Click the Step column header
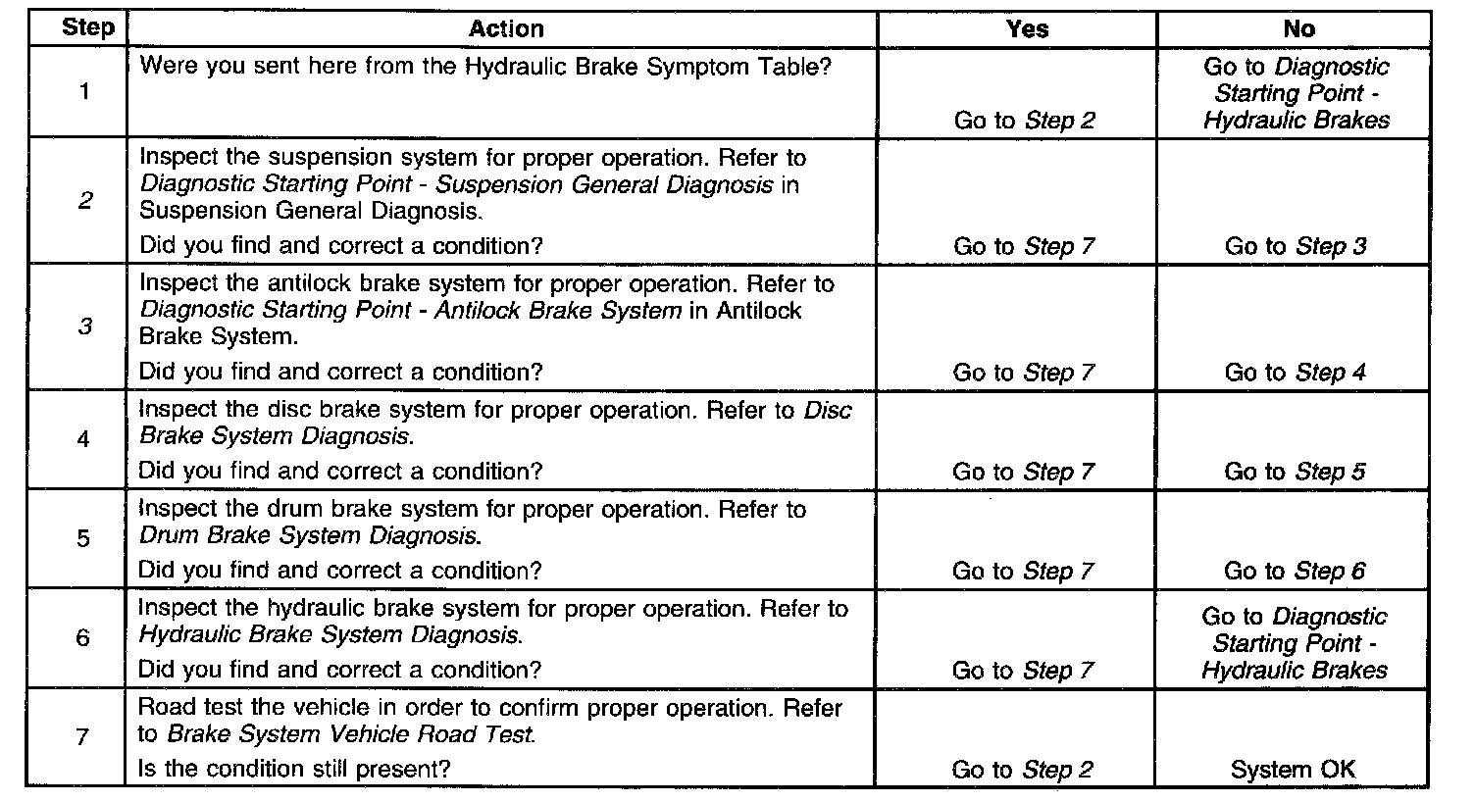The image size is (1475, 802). [87, 28]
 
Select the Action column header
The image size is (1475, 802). [505, 28]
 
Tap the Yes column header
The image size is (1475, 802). [1026, 28]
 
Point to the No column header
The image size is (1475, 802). [1297, 28]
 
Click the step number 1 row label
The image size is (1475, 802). [84, 93]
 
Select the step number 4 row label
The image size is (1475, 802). [84, 439]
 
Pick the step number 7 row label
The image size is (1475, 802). [84, 737]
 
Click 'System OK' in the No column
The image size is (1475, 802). [1294, 770]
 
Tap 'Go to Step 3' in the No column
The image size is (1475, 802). [1295, 246]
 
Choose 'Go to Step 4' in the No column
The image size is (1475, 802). [1295, 373]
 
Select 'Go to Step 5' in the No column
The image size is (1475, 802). [1295, 472]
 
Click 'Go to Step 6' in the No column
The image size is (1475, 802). [1295, 571]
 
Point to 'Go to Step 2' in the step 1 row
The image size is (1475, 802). [1024, 121]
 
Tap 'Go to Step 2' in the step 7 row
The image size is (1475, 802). [1022, 770]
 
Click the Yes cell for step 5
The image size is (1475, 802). [1023, 571]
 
